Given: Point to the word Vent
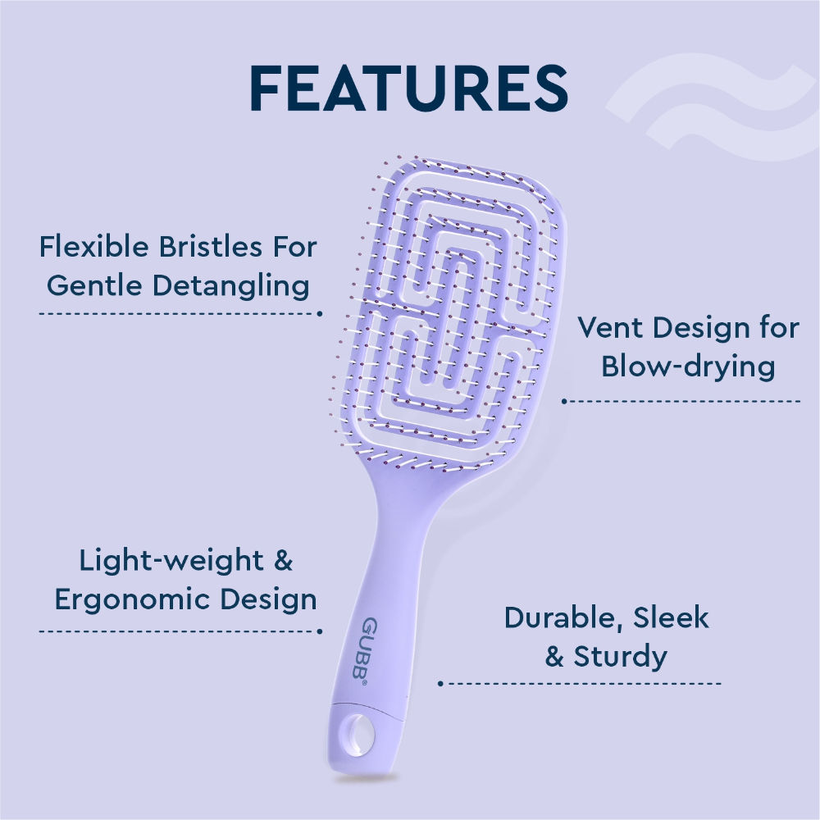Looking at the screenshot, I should (x=610, y=328).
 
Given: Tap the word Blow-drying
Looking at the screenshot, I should (x=688, y=367).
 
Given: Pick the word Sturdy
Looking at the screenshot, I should (x=620, y=657).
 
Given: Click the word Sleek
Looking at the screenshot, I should (x=671, y=617).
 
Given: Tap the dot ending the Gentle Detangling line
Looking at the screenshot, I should (x=319, y=313).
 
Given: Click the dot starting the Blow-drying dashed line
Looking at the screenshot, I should (x=564, y=401).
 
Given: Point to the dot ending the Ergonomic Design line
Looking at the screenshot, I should (x=319, y=631).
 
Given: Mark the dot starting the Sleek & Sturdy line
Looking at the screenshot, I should (x=440, y=682).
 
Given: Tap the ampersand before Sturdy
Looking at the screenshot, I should (x=555, y=657).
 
